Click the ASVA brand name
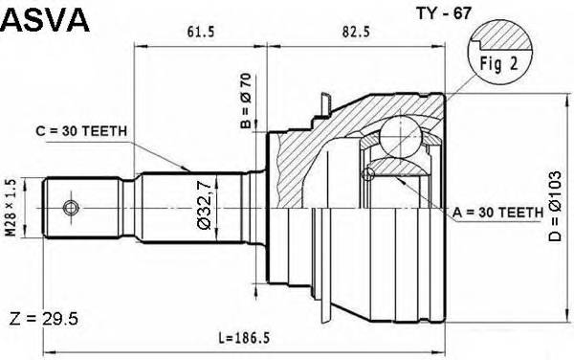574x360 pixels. [45, 19]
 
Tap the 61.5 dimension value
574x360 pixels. [198, 32]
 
